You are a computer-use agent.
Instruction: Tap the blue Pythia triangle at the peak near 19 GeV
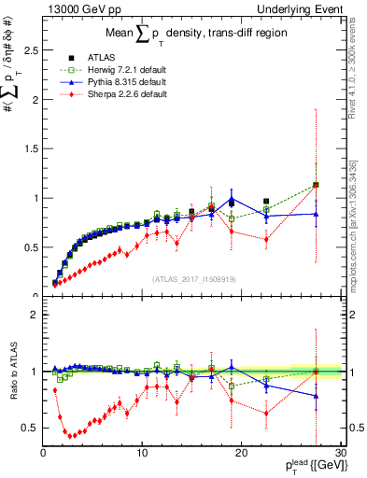pyautogui.click(x=232, y=198)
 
